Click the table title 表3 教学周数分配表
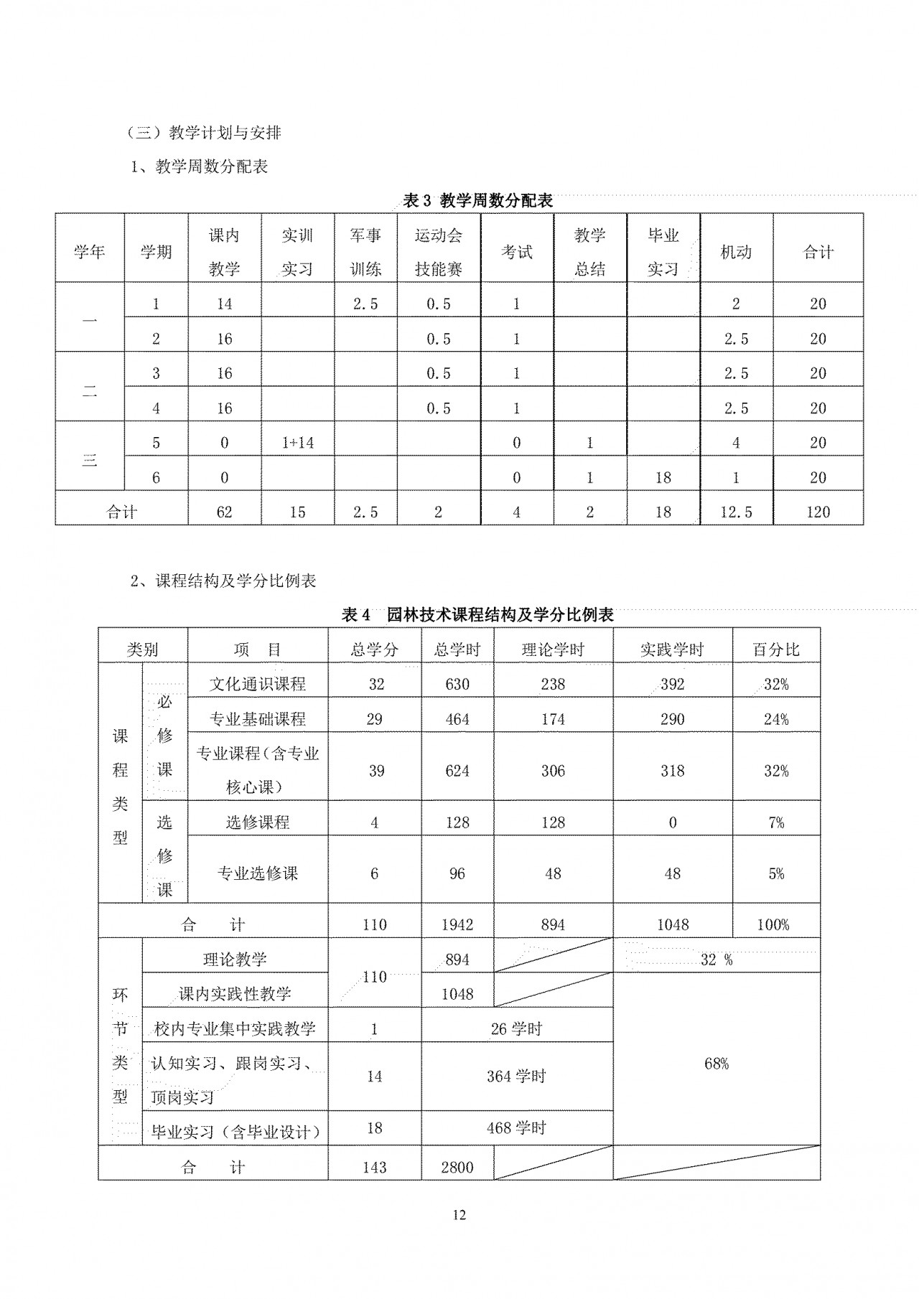click(477, 200)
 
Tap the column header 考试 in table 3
click(516, 252)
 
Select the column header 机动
click(736, 252)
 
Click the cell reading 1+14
click(297, 443)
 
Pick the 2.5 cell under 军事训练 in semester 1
click(365, 304)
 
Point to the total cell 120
click(818, 512)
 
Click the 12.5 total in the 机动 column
click(736, 512)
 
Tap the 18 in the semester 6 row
click(663, 477)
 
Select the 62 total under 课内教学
click(224, 512)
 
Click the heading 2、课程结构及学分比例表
click(223, 581)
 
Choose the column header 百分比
click(775, 649)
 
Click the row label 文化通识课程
click(257, 684)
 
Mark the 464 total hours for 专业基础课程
click(457, 719)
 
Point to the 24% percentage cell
click(775, 719)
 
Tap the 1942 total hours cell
click(457, 924)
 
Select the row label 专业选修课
click(257, 873)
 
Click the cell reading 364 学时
click(516, 1077)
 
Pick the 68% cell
click(716, 1064)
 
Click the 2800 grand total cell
click(457, 1168)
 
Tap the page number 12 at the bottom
click(459, 1215)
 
